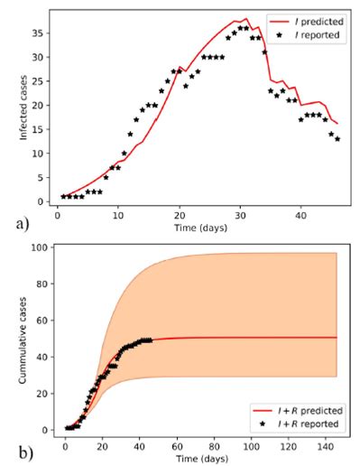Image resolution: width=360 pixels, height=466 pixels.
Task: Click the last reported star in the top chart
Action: (337, 138)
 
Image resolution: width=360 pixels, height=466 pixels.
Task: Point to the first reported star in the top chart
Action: (63, 196)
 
